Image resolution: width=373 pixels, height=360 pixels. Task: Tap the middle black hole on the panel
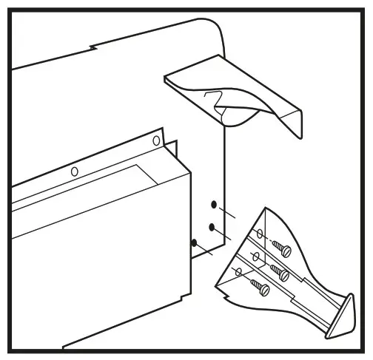[212, 226]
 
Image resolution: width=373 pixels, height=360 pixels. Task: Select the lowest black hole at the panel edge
[195, 243]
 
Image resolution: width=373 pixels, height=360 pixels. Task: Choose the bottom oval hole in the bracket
[238, 272]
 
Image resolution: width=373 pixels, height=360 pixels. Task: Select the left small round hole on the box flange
[74, 171]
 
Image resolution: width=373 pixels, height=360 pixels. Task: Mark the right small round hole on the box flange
[156, 140]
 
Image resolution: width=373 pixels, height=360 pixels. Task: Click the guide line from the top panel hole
[228, 214]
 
